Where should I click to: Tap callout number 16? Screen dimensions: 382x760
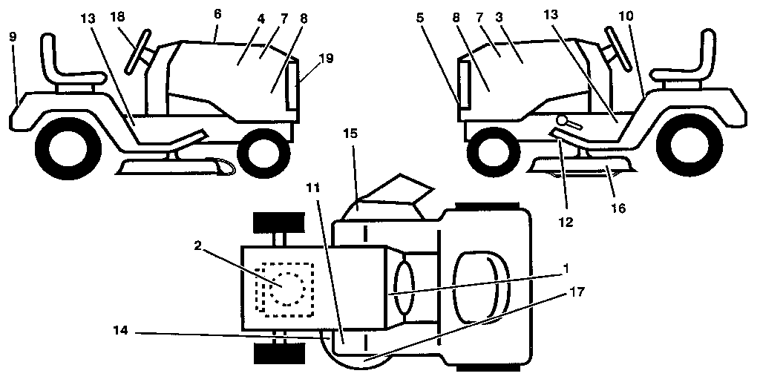tap(618, 208)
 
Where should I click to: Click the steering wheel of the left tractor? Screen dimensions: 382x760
tap(138, 50)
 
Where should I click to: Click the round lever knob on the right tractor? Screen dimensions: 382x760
tap(564, 121)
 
